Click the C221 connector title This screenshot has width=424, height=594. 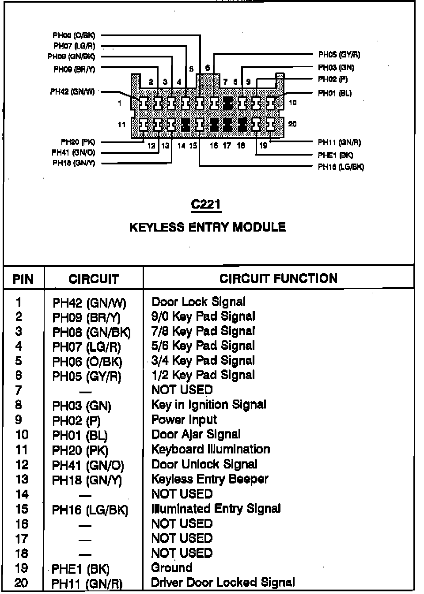206,204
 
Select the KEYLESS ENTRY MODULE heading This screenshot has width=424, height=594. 207,227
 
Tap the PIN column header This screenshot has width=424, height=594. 23,279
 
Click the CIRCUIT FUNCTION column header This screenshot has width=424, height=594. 278,278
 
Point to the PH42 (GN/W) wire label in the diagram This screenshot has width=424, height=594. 72,92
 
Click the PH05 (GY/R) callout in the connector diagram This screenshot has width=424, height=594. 339,55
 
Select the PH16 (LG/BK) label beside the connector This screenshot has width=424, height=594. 341,167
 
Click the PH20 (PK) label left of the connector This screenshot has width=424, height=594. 78,142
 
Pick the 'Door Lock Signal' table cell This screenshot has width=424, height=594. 198,302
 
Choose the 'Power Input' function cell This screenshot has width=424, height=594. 184,420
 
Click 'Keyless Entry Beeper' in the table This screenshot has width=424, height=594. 210,479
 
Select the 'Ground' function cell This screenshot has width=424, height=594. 171,567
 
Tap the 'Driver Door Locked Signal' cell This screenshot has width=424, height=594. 223,583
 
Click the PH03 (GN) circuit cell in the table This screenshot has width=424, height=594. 82,406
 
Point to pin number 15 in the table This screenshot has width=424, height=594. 21,509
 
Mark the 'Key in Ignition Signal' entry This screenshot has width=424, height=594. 208,405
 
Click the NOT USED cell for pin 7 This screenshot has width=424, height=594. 182,390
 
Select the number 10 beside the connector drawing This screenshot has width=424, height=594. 292,103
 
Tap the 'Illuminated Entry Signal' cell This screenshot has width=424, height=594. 216,509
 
